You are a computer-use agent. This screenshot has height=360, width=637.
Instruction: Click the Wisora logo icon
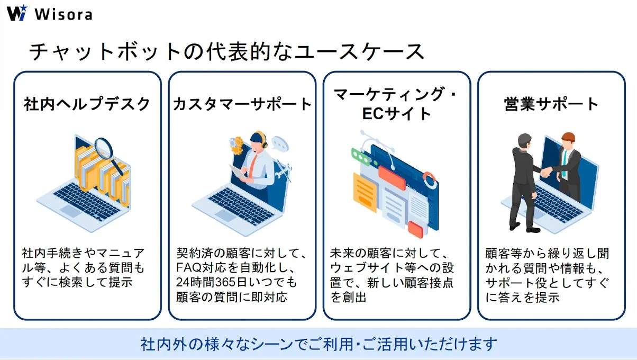point(16,13)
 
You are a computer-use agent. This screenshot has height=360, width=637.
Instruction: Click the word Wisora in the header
point(63,14)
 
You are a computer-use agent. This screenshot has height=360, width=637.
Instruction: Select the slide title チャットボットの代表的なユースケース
point(226,52)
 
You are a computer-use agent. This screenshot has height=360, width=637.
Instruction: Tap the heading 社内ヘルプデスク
point(87,104)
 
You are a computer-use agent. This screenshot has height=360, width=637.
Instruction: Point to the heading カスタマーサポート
point(242,104)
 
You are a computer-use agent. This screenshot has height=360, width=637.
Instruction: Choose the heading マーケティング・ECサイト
point(396,104)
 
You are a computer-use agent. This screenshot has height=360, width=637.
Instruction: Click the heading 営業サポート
point(551,104)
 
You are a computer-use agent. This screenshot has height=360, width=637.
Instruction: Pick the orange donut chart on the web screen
point(430,179)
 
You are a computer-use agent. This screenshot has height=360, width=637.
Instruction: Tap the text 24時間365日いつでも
point(237,282)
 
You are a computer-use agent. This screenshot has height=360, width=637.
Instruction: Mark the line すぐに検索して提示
point(77,282)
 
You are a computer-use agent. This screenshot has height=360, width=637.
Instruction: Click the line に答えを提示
point(522,297)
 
